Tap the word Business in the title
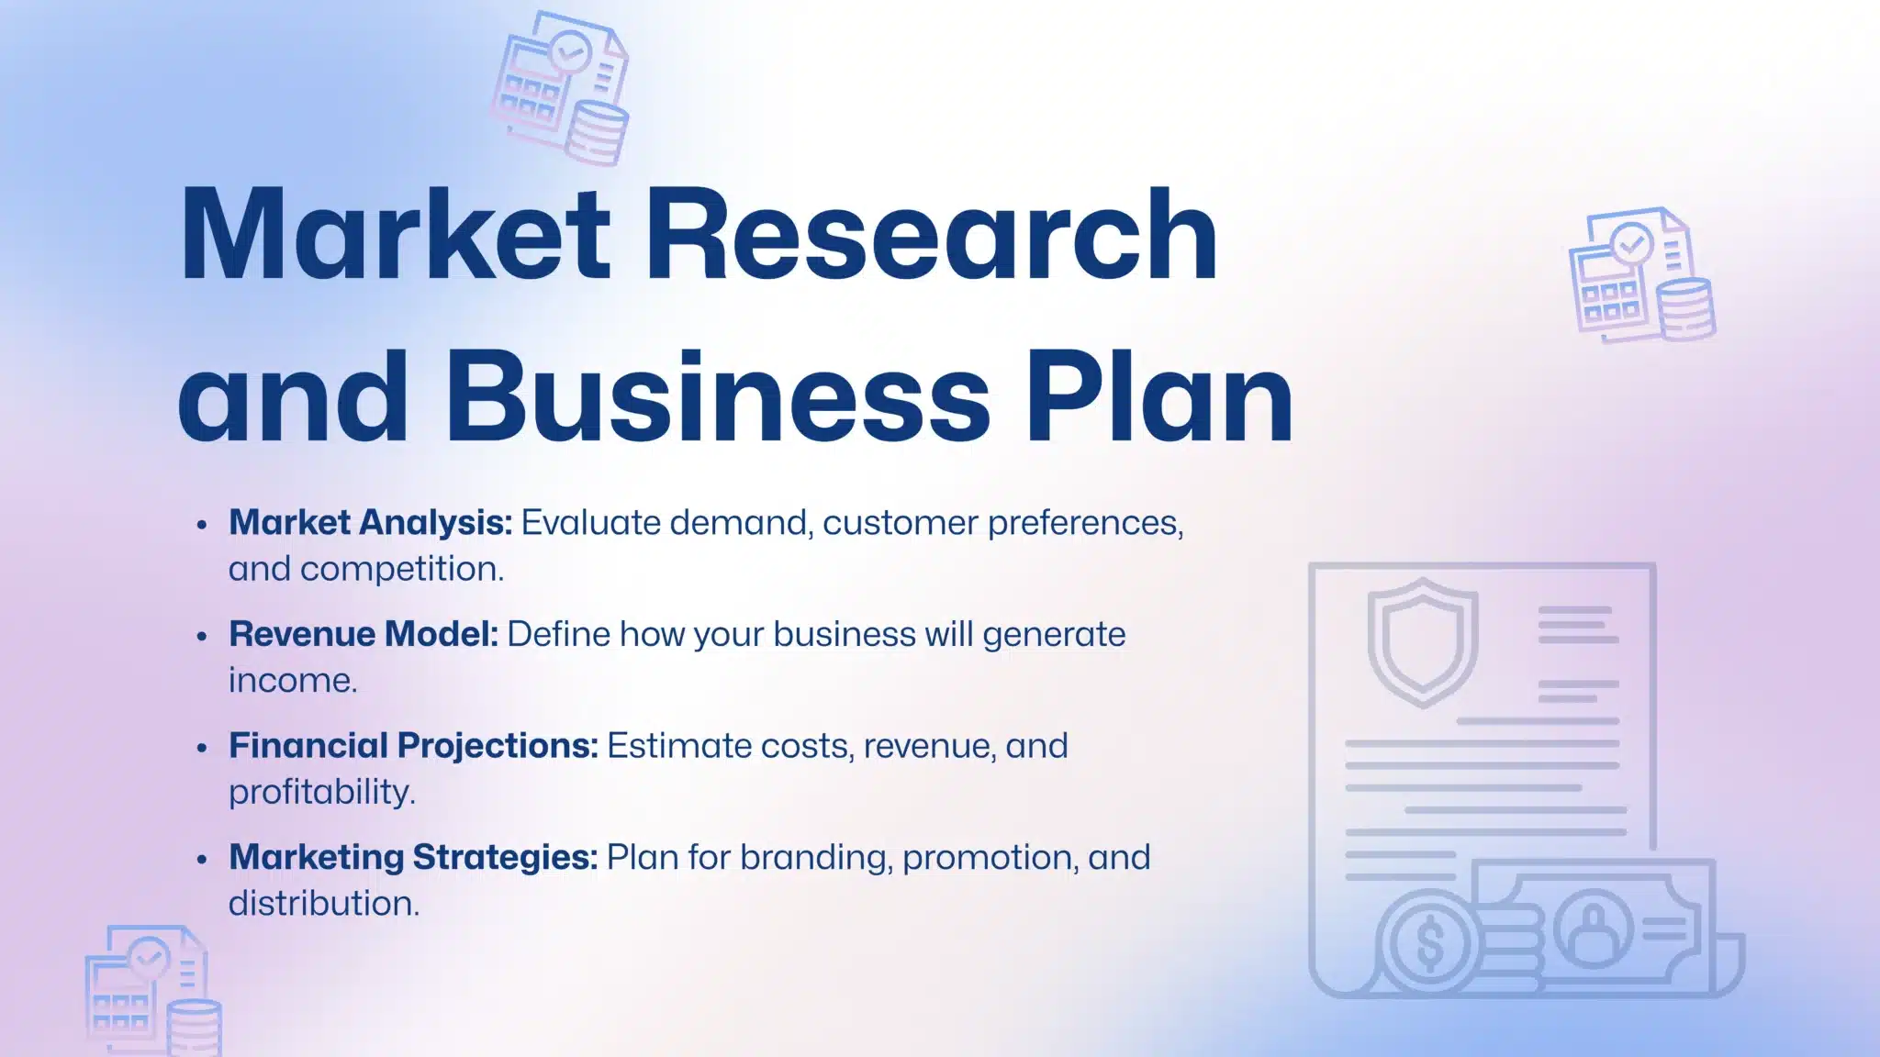click(718, 396)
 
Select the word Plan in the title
click(1159, 396)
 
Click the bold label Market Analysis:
click(370, 522)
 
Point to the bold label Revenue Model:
click(364, 634)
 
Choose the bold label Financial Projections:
click(413, 746)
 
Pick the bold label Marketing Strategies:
click(413, 857)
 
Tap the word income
click(292, 681)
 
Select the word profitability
click(321, 792)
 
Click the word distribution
click(323, 904)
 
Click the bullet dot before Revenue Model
click(203, 636)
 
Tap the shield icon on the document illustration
click(1423, 640)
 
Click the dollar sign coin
click(1430, 944)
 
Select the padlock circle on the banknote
click(1594, 929)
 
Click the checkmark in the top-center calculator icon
click(570, 52)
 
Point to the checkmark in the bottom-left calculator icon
click(147, 958)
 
